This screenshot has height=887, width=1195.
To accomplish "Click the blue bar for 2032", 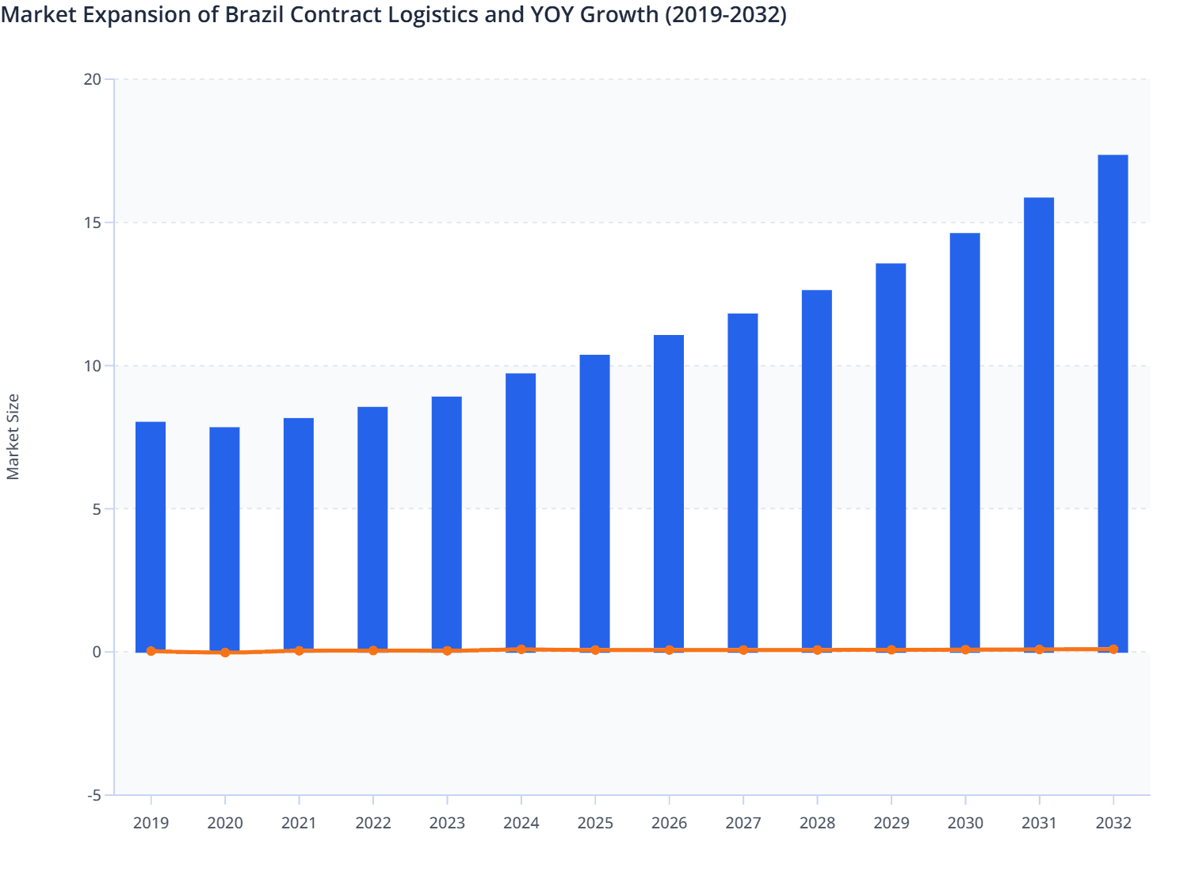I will tap(1113, 403).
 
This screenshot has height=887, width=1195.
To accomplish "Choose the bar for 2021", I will tap(299, 535).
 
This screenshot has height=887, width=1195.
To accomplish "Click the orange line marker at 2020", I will tap(225, 653).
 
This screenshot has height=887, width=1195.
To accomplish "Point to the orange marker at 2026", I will tap(669, 650).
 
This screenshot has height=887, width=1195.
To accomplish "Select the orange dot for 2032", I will tap(1113, 649).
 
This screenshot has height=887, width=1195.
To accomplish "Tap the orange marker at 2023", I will tap(447, 651).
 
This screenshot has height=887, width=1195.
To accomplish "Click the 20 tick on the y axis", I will tap(93, 79).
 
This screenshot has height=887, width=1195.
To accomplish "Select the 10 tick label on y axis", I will tap(93, 366).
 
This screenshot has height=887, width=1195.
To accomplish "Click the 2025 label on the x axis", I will tap(595, 823).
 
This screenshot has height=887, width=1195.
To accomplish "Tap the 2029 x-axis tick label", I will tap(891, 823).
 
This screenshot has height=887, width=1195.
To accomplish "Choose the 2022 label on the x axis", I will tap(372, 823).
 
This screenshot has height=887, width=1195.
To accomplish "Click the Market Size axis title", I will tap(13, 437).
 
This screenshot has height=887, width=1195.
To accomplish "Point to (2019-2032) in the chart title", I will tap(725, 15).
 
